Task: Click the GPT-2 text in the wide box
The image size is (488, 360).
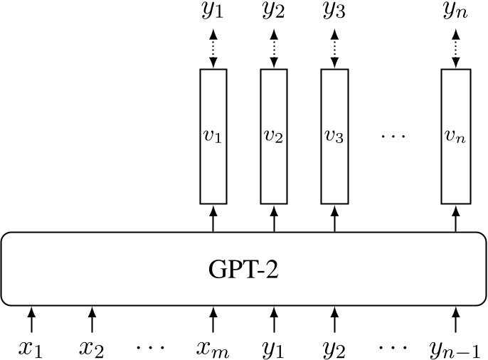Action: click(243, 269)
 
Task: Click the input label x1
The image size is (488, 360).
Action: click(31, 348)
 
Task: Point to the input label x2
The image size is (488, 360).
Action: click(92, 348)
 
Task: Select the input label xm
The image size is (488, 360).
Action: click(213, 348)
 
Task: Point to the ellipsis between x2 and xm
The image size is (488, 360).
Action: click(152, 348)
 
